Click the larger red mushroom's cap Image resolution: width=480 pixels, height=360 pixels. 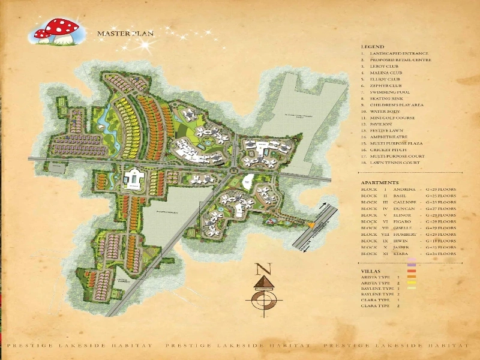pos(59,26)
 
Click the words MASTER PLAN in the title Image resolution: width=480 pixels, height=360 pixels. pos(125,33)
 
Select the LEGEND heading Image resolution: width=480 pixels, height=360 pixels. pos(372,47)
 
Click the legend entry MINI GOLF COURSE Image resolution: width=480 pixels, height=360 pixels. pos(394,118)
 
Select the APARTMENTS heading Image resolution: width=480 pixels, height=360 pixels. pos(379,182)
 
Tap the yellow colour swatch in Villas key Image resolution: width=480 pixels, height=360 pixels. pos(412,283)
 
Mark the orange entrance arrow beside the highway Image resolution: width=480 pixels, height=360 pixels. pos(312,224)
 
